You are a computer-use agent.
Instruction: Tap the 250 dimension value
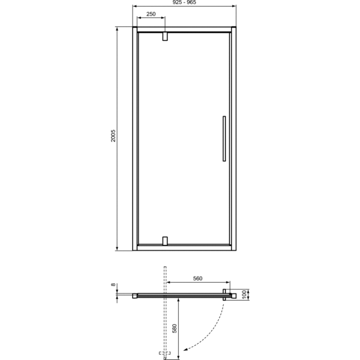point(151,14)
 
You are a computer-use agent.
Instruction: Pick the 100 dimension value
point(244,294)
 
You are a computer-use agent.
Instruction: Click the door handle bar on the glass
point(223,139)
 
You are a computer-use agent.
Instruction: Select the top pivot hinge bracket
point(164,37)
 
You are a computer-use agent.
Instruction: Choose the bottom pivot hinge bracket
point(164,241)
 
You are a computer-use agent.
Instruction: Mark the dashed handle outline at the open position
point(163,355)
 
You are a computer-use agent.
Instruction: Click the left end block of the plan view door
point(136,295)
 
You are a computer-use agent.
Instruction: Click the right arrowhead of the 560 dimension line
point(228,282)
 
